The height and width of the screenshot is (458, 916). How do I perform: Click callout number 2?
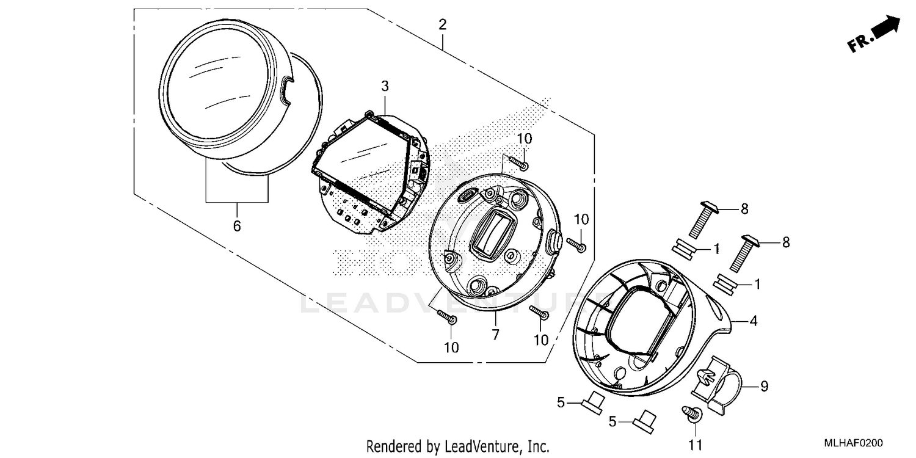click(x=442, y=25)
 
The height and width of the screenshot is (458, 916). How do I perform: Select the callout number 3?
click(x=385, y=87)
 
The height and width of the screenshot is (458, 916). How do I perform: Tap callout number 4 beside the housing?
click(x=754, y=320)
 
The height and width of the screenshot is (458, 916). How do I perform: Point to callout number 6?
click(x=237, y=227)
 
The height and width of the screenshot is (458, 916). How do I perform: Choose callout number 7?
click(x=495, y=334)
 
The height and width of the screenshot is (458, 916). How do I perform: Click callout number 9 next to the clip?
click(x=764, y=387)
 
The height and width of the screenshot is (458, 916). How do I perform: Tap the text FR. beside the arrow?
click(x=858, y=43)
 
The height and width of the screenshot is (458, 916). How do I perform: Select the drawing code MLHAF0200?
click(x=854, y=443)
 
